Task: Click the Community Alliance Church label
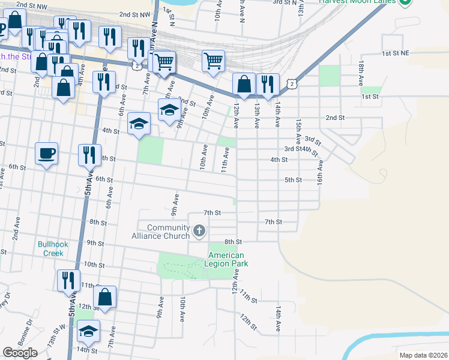[160, 232]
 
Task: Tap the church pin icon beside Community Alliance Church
[199, 230]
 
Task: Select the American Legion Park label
[226, 259]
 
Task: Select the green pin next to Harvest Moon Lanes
[405, 2]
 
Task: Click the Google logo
[20, 353]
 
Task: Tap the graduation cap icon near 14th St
[88, 331]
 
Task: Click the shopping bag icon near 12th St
[104, 296]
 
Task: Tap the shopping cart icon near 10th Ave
[213, 61]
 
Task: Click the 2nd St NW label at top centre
[136, 14]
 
